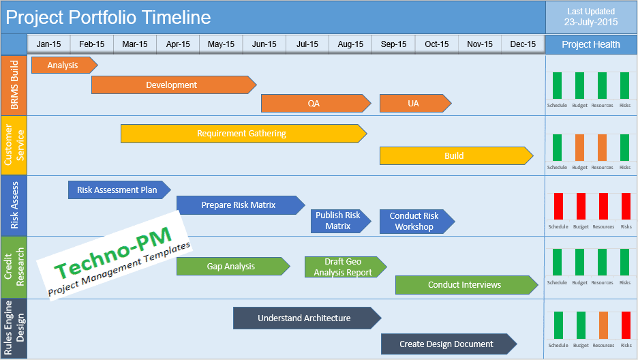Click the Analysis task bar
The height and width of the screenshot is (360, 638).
click(x=63, y=65)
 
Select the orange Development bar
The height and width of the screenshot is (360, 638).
click(x=172, y=85)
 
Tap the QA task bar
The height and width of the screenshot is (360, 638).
click(x=314, y=104)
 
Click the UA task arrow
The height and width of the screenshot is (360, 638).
click(x=414, y=104)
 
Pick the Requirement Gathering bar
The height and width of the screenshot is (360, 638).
click(x=242, y=134)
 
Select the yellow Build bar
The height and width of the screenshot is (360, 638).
click(x=455, y=156)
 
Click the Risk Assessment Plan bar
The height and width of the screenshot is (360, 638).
click(x=118, y=190)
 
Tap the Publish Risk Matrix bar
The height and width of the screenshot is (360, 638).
click(x=339, y=221)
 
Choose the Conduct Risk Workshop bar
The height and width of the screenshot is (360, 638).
click(x=415, y=222)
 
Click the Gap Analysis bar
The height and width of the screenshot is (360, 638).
click(x=232, y=267)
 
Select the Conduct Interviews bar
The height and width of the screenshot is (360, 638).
click(x=465, y=285)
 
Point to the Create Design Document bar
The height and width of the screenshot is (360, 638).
click(x=447, y=344)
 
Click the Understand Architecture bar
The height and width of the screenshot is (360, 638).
click(x=305, y=318)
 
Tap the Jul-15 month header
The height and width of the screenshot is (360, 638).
click(x=307, y=44)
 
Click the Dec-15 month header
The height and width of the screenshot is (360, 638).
click(x=523, y=44)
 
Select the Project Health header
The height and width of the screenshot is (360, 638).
click(x=591, y=44)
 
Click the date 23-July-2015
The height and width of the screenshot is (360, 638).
click(x=591, y=22)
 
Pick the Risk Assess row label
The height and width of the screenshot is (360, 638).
click(x=14, y=205)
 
